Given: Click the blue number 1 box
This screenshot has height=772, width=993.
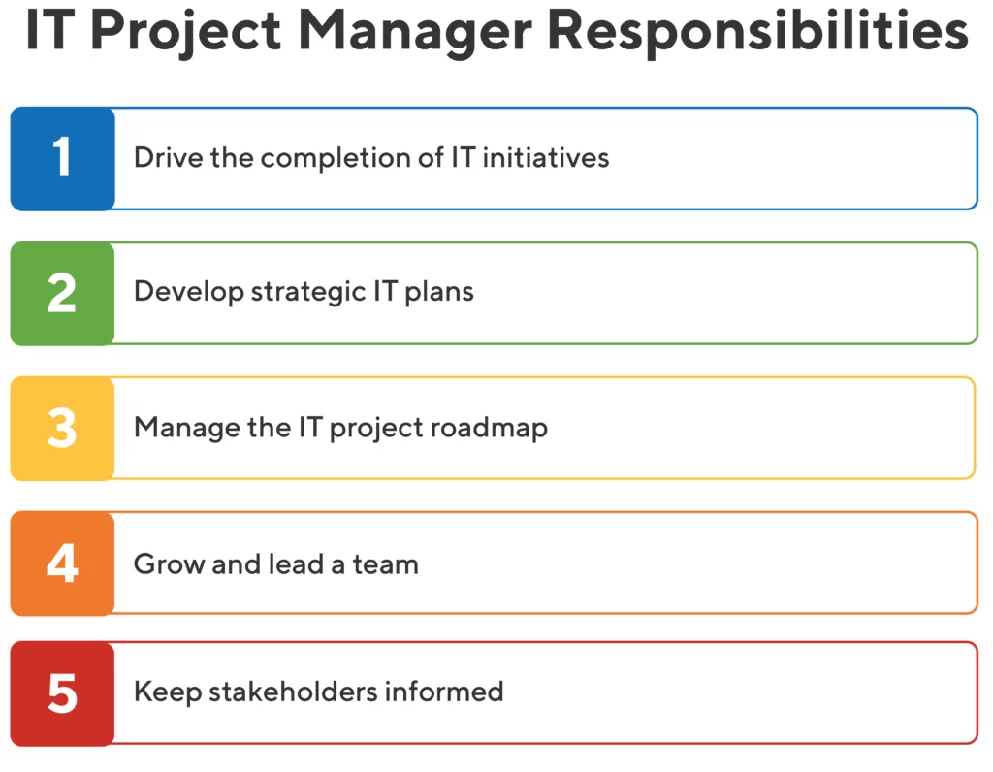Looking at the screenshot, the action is coord(63,158).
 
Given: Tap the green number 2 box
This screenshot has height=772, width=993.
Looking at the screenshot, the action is coord(63,293).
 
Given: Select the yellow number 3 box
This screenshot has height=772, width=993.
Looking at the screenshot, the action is coord(63,428).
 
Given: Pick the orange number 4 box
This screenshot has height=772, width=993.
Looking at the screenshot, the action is coord(63,563).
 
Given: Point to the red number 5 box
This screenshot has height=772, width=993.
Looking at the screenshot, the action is coord(63,693).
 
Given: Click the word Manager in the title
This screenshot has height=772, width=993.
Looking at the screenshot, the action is coord(415,33).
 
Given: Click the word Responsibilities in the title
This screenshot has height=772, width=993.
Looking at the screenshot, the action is coord(758,32).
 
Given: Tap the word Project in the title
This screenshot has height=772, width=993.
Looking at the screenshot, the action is coord(186,33).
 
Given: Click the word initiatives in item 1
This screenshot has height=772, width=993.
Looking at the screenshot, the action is coord(546,157).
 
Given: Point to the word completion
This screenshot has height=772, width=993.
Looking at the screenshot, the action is coord(336,158).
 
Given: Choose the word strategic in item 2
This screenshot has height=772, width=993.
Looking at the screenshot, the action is coord(308,292).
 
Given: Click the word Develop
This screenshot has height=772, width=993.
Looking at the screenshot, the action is coord(189,292).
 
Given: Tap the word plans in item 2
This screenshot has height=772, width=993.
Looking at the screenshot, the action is coord(439,292).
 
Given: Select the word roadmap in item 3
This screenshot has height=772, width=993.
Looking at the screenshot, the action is coord(489,428).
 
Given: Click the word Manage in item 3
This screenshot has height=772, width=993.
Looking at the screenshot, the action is coord(187,428).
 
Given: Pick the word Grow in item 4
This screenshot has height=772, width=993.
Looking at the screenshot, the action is coord(169,563).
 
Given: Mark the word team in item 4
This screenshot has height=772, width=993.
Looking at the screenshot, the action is coord(386,564).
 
